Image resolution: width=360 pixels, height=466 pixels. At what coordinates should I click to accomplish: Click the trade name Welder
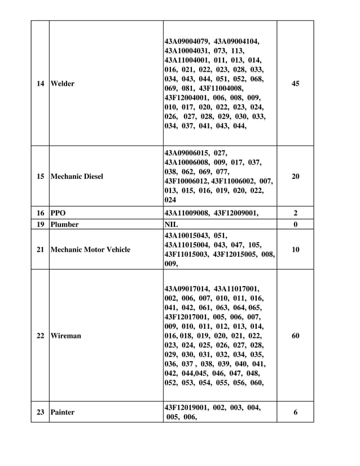[x=62, y=84]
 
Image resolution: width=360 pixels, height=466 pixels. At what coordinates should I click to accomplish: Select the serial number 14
[x=40, y=84]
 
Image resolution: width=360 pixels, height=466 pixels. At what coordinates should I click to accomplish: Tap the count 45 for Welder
[x=296, y=84]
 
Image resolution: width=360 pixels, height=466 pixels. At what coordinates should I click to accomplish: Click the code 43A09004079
[x=187, y=41]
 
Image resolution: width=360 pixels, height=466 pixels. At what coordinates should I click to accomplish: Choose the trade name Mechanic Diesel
[x=77, y=177]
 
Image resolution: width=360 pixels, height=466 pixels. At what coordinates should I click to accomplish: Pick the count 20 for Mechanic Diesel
[x=296, y=177]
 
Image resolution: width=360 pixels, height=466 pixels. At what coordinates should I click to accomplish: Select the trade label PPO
[x=58, y=214]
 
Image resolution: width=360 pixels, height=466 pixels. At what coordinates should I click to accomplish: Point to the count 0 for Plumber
[x=296, y=225]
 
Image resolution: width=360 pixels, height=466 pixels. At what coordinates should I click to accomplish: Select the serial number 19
[x=40, y=225]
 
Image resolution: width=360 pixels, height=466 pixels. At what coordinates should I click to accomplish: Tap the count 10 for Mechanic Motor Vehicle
[x=296, y=249]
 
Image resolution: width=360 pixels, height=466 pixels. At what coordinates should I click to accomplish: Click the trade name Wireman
[x=65, y=336]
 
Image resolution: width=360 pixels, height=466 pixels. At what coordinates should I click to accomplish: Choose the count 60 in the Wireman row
[x=296, y=336]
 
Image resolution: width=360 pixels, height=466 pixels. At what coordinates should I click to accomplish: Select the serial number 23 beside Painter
[x=40, y=412]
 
